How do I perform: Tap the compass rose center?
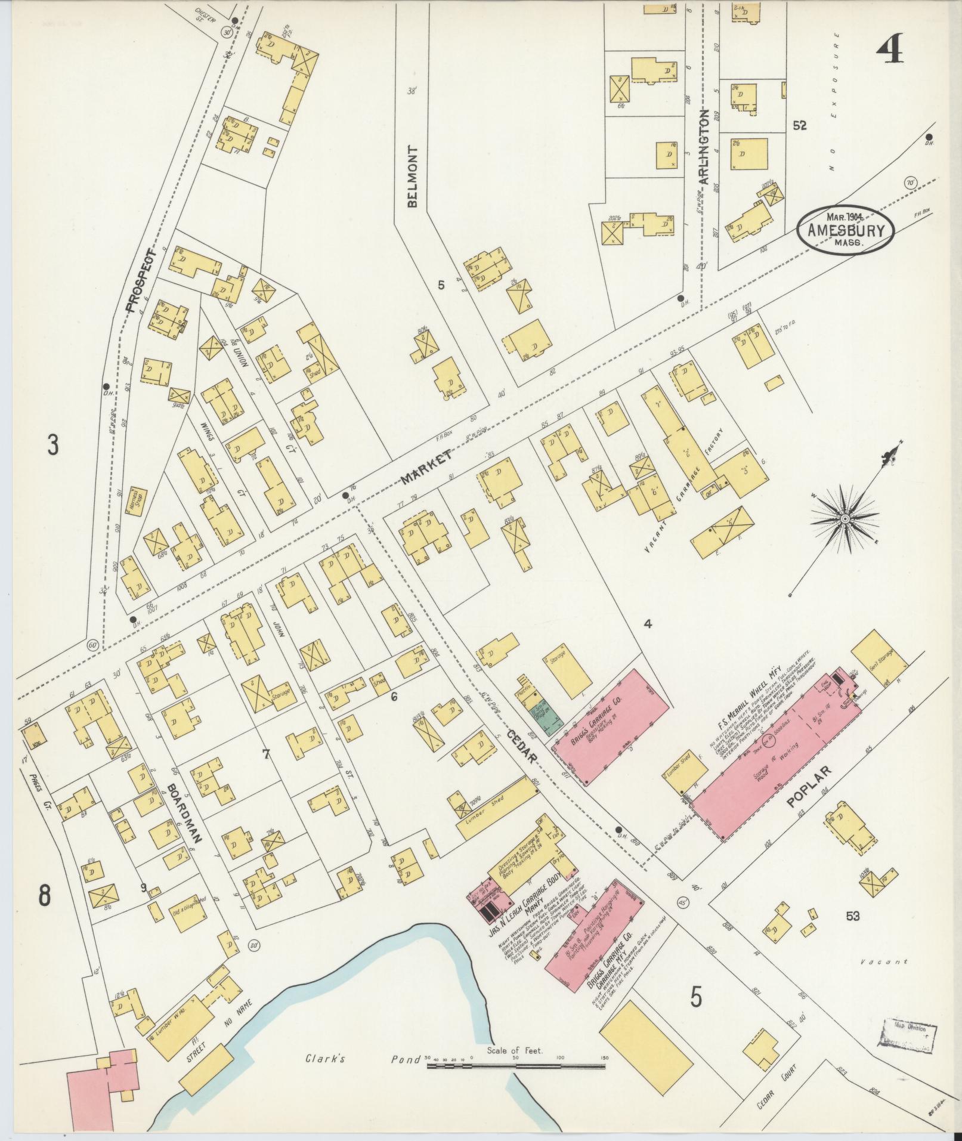pos(845,520)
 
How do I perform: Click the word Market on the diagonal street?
pos(425,467)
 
